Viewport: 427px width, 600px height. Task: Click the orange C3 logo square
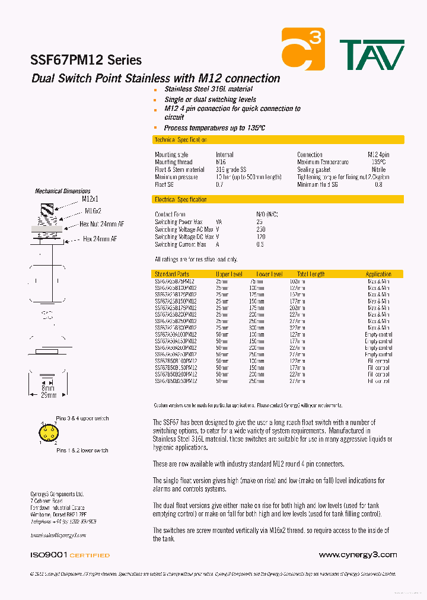(303, 49)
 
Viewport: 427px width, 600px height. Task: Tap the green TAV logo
(372, 55)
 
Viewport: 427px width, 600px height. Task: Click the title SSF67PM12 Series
(86, 60)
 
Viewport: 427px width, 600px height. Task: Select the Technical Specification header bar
(278, 140)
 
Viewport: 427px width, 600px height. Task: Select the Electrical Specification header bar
(278, 200)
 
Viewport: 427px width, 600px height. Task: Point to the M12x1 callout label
(90, 199)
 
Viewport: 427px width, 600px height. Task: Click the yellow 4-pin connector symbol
(48, 433)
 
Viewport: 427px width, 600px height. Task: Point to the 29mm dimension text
(48, 395)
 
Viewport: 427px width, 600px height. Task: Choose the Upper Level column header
(229, 275)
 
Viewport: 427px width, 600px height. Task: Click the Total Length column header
(311, 275)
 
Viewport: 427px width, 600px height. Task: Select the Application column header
(378, 275)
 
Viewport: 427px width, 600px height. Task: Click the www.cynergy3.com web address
(358, 555)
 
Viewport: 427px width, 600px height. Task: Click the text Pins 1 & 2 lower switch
(82, 451)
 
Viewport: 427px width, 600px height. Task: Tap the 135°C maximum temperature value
(378, 162)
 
